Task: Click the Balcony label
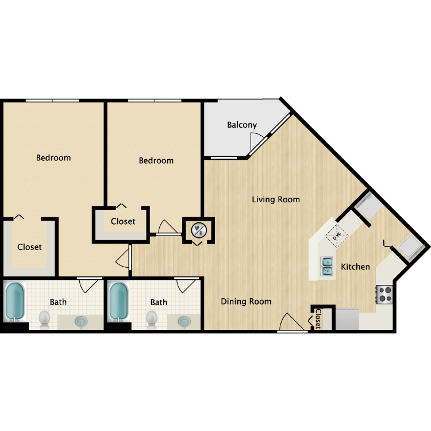(x=241, y=125)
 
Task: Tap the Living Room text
(x=276, y=199)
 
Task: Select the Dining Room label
(x=246, y=301)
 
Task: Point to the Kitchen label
(x=355, y=267)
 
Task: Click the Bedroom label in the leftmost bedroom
(x=53, y=157)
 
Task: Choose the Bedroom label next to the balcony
(x=156, y=160)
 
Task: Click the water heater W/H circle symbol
(x=198, y=230)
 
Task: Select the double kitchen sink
(x=327, y=265)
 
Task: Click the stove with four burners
(x=383, y=294)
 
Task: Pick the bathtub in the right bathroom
(x=118, y=301)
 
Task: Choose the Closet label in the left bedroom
(x=29, y=247)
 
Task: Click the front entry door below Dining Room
(x=292, y=325)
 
